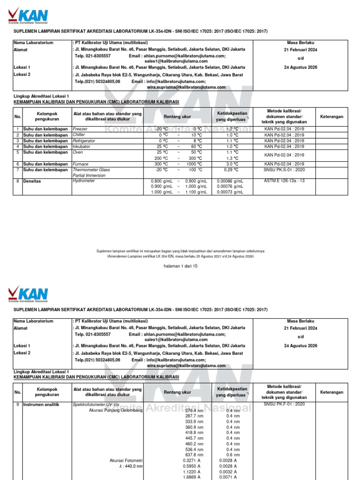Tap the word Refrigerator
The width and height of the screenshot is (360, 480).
[x=84, y=141]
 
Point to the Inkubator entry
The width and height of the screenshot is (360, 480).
[x=81, y=146]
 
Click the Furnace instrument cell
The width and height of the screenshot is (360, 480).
[x=81, y=164]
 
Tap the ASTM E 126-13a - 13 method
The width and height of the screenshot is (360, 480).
[x=284, y=180]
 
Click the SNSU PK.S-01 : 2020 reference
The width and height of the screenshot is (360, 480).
[x=284, y=170]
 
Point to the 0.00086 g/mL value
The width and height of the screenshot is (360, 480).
[x=230, y=181]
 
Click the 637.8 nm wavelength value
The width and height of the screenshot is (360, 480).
[x=194, y=455]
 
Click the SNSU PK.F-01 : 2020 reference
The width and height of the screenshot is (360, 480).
[x=284, y=404]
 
